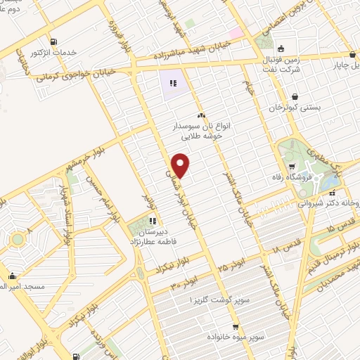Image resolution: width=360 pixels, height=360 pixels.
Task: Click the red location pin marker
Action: pyautogui.click(x=181, y=165)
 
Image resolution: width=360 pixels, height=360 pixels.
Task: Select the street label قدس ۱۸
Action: pyautogui.click(x=285, y=247)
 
